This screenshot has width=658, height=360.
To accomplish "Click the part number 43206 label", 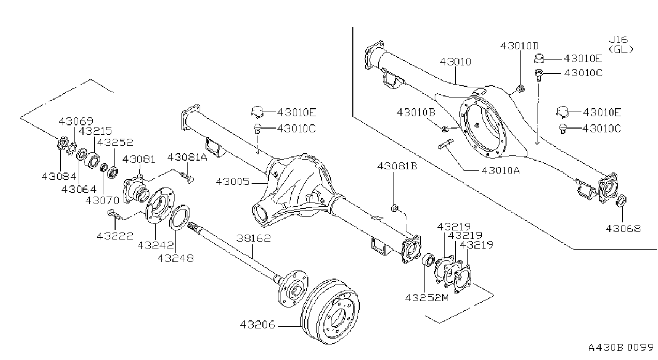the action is (258, 325).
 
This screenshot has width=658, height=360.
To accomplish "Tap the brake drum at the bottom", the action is (330, 311).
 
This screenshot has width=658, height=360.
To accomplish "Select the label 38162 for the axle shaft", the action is (253, 238).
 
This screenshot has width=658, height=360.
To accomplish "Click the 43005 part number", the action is (233, 182).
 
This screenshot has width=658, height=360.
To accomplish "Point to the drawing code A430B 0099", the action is (621, 348).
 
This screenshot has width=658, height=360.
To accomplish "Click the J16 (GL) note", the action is (621, 44).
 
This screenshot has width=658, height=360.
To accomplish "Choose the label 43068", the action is (623, 229).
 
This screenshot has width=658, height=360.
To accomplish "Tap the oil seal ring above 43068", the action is (621, 201).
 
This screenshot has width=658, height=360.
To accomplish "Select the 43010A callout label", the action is (501, 171).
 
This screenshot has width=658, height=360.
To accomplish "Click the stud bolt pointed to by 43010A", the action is (445, 144).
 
